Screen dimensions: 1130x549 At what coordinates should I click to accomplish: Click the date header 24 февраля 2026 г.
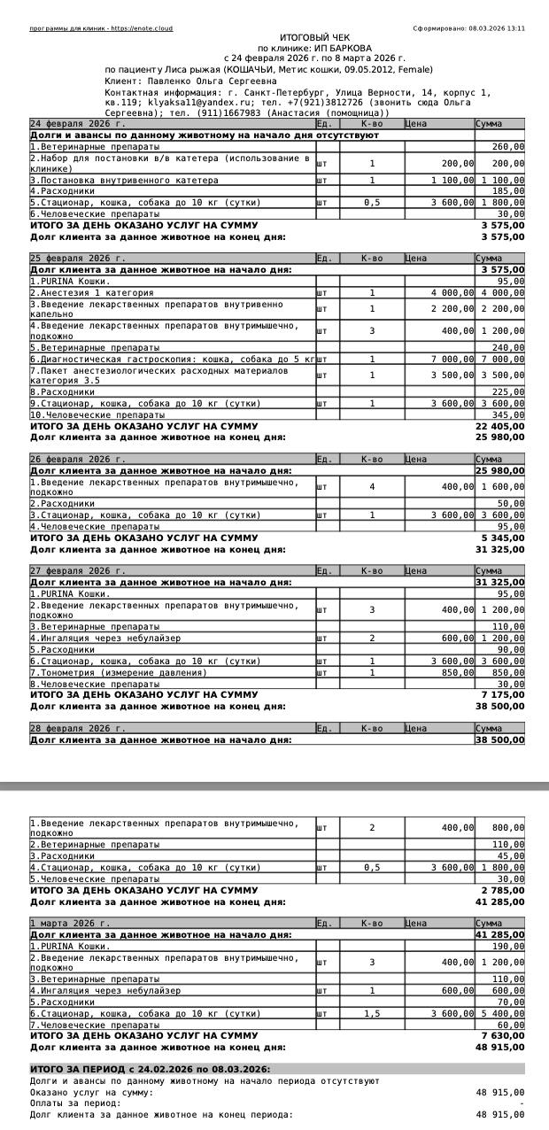78,124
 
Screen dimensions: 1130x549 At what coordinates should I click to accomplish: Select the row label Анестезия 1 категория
94,292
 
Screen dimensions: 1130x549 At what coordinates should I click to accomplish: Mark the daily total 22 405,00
502,426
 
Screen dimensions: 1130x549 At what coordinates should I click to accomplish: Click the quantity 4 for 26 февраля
372,486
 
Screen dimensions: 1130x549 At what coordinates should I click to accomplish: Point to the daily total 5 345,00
505,538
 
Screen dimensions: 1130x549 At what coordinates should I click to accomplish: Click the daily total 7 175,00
505,695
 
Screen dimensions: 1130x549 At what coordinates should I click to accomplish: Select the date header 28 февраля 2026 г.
78,728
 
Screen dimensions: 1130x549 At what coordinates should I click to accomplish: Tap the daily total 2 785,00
505,890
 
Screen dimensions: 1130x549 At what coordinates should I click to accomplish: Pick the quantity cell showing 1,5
372,1013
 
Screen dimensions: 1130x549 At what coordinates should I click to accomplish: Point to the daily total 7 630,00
505,1035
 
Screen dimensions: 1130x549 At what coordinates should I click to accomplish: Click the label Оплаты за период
76,1103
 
